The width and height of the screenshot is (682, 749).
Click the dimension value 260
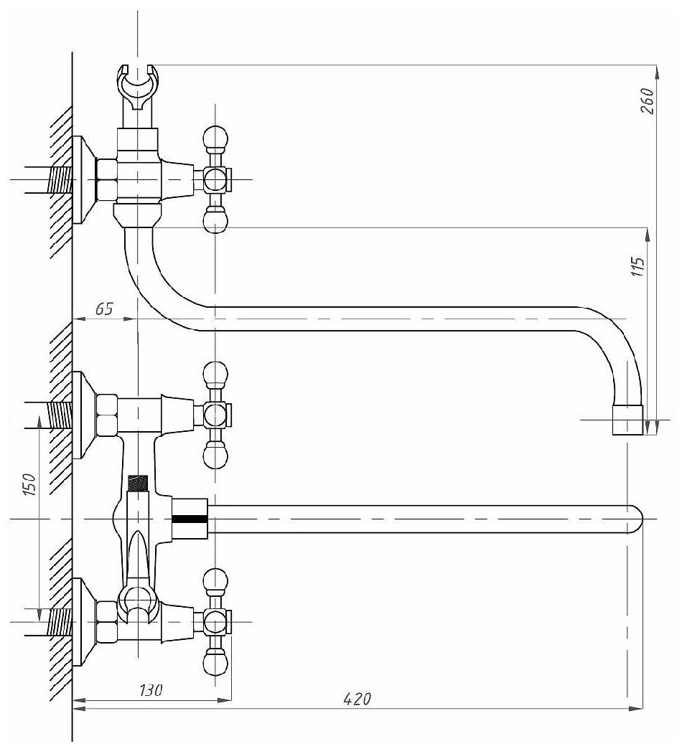[x=646, y=102]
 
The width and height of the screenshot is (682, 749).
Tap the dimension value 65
[x=104, y=309]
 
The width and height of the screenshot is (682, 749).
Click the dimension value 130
[x=151, y=691]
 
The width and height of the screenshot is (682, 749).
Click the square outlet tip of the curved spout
[x=627, y=420]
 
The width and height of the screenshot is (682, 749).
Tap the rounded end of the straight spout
[x=635, y=519]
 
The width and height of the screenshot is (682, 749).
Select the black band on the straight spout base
[x=190, y=518]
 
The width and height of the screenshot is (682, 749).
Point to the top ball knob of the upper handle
[x=215, y=136]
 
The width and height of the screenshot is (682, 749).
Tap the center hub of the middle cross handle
[x=215, y=415]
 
